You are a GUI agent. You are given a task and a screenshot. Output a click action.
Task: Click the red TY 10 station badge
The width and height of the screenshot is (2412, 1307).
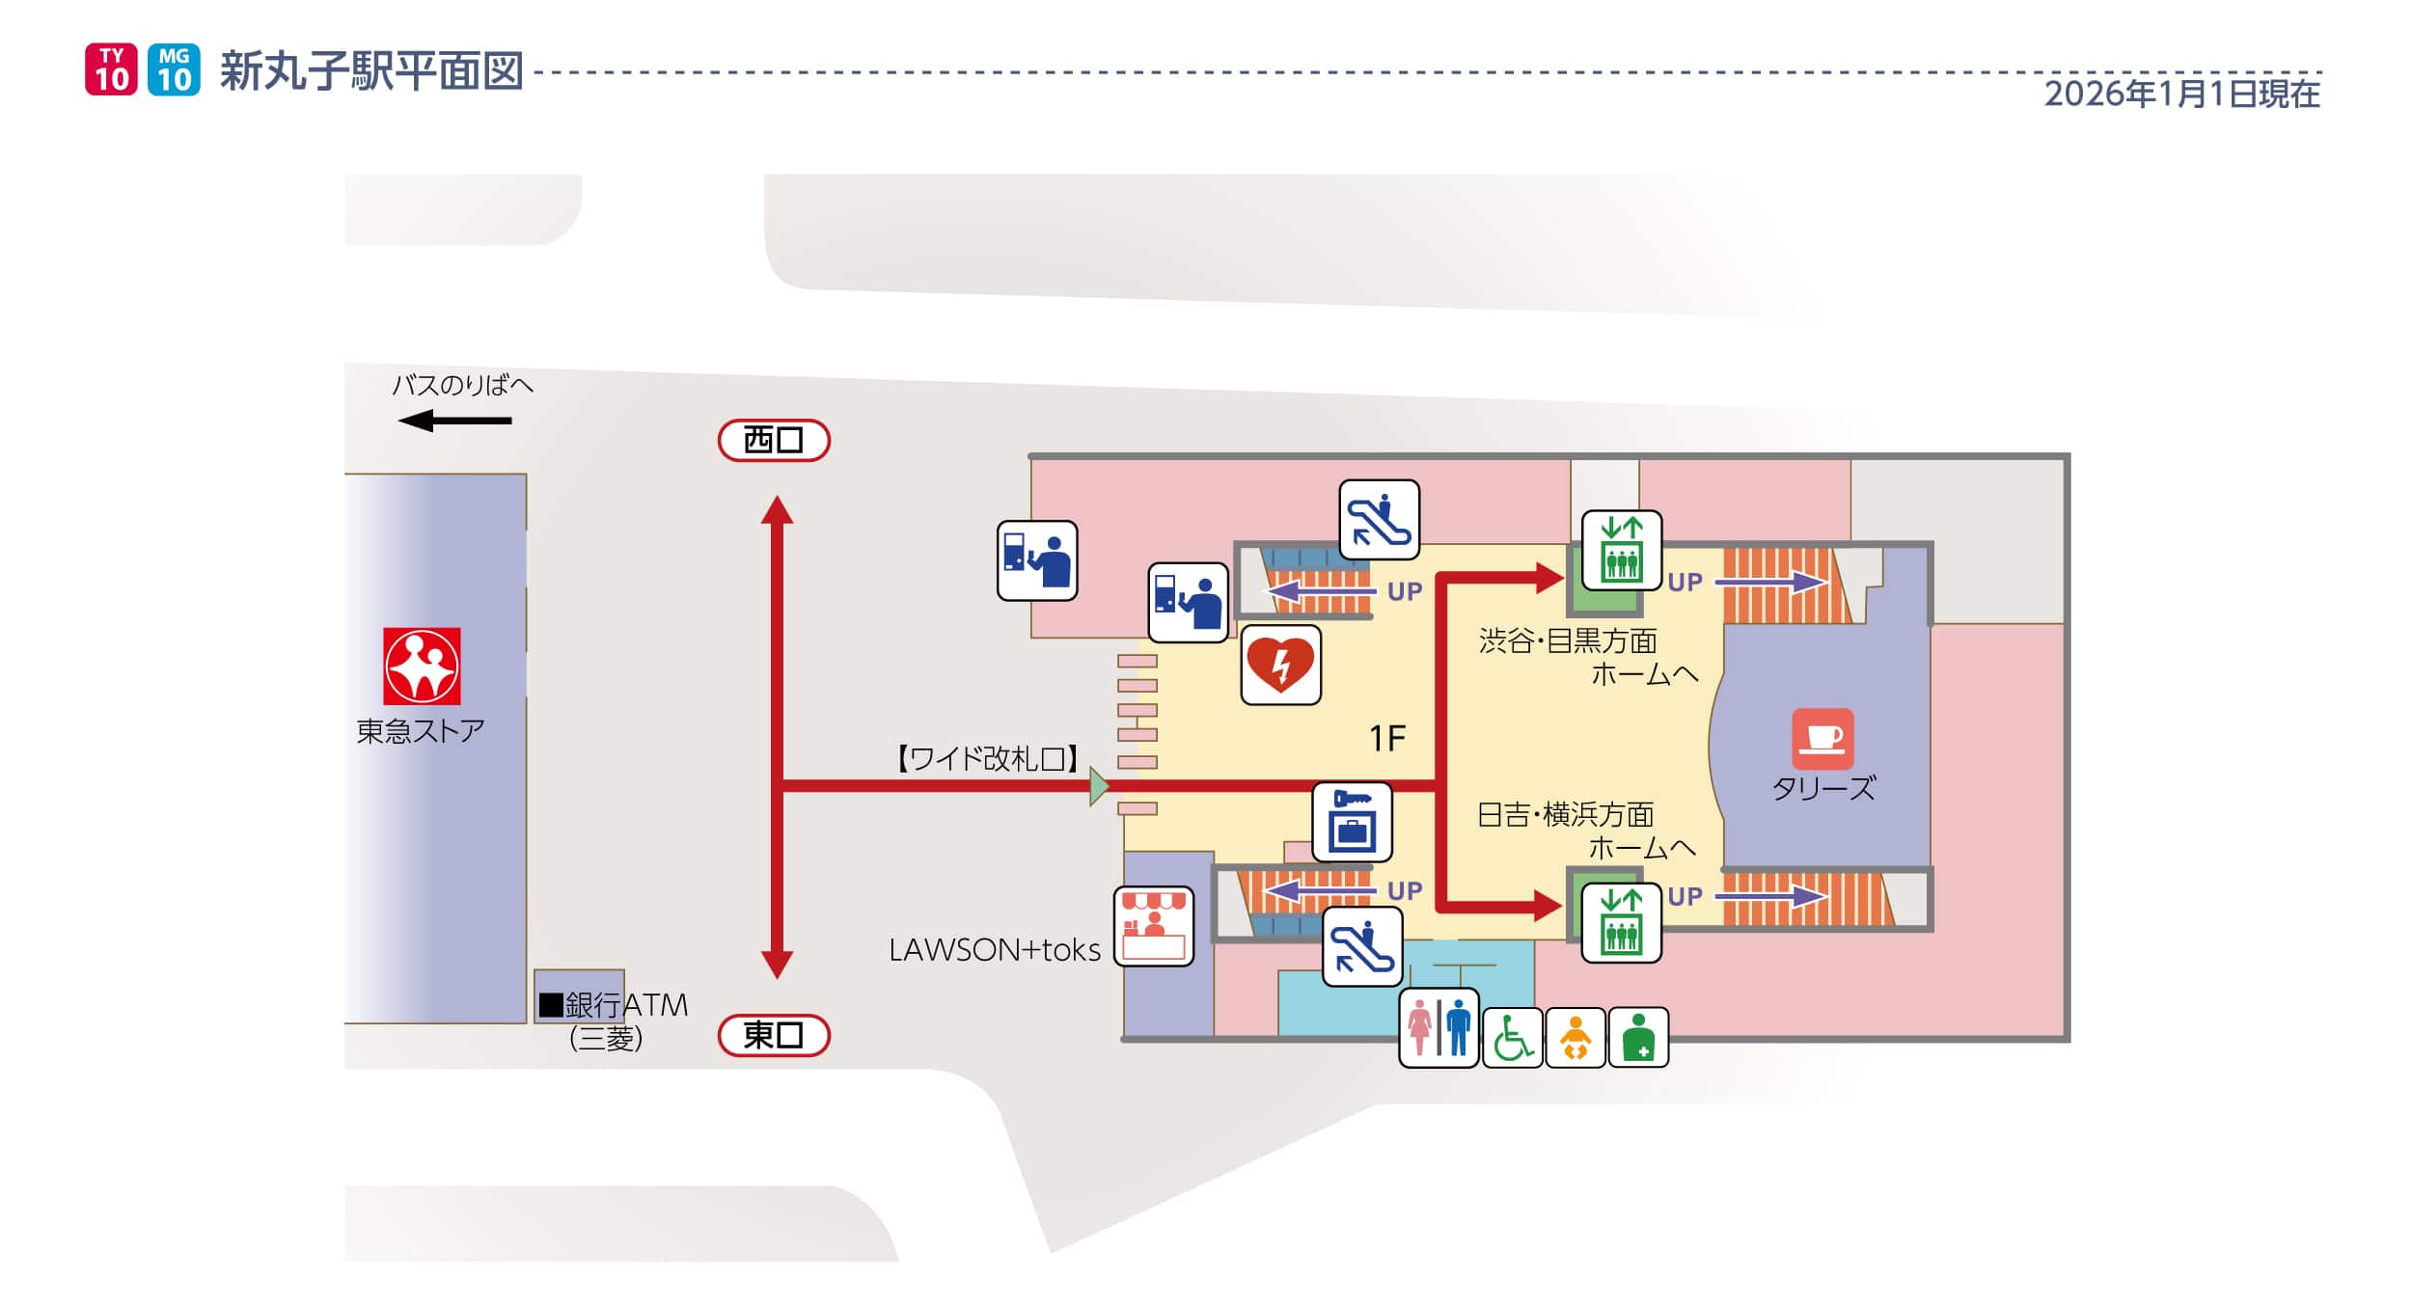click(x=111, y=69)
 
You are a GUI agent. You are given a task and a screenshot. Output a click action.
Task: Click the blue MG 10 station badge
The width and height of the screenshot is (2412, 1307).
click(x=174, y=69)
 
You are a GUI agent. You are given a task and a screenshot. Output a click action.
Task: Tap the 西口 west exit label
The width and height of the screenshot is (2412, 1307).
click(x=774, y=440)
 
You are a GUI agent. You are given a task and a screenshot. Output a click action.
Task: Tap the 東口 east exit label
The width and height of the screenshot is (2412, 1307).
click(x=774, y=1035)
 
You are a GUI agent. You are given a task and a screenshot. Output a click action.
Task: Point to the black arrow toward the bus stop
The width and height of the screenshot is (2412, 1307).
click(x=454, y=421)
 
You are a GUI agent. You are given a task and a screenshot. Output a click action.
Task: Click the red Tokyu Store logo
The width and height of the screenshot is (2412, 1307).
click(x=422, y=666)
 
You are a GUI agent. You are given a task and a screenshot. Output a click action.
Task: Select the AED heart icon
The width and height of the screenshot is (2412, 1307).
click(x=1280, y=665)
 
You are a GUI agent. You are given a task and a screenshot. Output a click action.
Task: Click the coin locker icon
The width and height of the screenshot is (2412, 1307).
click(x=1352, y=822)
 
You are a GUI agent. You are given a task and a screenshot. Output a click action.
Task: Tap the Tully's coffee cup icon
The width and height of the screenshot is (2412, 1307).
click(x=1823, y=738)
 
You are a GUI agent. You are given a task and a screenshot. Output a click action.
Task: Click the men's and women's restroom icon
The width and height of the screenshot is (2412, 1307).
click(x=1439, y=1027)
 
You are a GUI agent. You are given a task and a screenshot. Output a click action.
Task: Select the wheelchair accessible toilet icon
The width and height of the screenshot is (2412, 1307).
click(x=1512, y=1037)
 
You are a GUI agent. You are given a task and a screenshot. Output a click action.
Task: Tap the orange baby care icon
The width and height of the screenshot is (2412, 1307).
click(x=1575, y=1037)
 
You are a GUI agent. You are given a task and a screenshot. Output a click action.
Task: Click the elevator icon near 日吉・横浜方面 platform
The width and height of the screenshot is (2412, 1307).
click(x=1621, y=922)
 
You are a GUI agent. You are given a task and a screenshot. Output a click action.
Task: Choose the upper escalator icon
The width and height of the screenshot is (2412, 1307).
click(x=1379, y=520)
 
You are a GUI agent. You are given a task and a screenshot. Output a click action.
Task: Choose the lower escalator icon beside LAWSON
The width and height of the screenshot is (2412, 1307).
click(x=1361, y=946)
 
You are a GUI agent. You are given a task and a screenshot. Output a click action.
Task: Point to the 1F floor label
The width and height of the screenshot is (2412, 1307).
click(x=1387, y=739)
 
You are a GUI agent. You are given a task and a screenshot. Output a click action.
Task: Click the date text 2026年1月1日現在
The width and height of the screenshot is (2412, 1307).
click(x=2181, y=94)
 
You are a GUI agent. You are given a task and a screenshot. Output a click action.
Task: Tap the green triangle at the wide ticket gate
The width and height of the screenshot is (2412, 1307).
click(x=1098, y=786)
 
